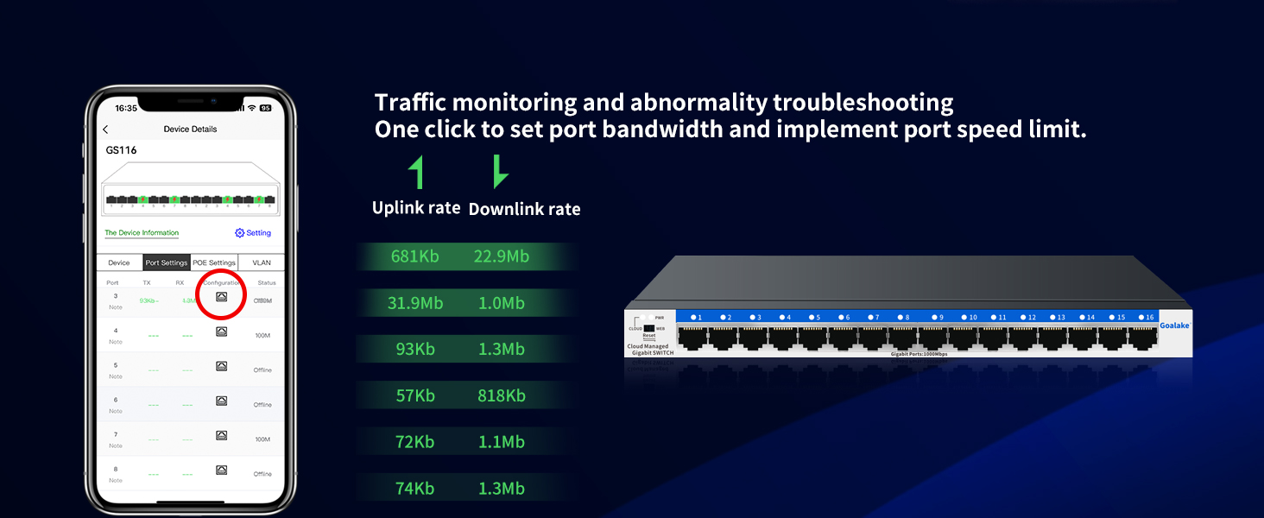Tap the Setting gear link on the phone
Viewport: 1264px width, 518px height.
[253, 233]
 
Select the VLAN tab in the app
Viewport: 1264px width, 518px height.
[261, 262]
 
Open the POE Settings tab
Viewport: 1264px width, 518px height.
[214, 262]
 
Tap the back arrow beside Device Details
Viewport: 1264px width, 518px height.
[106, 129]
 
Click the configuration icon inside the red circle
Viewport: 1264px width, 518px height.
[221, 297]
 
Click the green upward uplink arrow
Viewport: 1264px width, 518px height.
[418, 173]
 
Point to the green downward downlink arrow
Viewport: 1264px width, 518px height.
[499, 172]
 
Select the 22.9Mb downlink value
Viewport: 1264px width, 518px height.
[501, 256]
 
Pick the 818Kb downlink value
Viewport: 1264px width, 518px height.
[501, 395]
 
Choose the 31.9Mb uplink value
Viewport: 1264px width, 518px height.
[415, 303]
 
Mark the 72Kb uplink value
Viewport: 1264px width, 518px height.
[414, 442]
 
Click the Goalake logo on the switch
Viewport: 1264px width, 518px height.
[1175, 325]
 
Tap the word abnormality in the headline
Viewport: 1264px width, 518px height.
[698, 103]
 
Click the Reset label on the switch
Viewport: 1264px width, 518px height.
[648, 336]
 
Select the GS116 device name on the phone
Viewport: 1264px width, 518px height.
[122, 150]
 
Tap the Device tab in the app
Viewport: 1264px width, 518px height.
[119, 262]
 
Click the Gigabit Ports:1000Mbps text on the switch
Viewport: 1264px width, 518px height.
[919, 354]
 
